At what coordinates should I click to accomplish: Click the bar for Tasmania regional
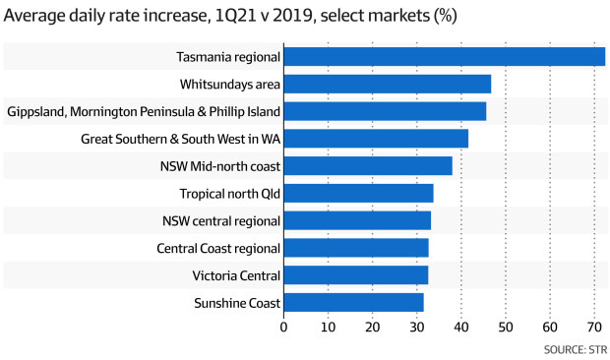[x=444, y=57]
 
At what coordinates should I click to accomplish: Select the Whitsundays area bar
[x=387, y=85]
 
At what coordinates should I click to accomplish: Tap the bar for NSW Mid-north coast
[x=368, y=165]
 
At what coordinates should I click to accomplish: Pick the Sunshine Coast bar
[x=353, y=302]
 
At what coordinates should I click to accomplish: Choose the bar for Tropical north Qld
[x=358, y=193]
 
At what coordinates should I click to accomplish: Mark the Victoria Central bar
[x=355, y=274]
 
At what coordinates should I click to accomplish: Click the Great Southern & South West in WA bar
[x=376, y=139]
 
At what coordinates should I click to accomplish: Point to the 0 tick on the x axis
[x=284, y=327]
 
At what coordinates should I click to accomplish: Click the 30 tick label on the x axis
[x=417, y=327]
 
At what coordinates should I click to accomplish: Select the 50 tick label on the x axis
[x=506, y=327]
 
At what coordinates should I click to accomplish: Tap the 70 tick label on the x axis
[x=594, y=327]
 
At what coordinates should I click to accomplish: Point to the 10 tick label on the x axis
[x=329, y=327]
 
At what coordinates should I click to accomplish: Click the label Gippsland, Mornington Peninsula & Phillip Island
[x=144, y=111]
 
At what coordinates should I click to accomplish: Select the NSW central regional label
[x=221, y=220]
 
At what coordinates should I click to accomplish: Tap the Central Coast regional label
[x=218, y=248]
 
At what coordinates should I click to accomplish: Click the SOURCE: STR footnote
[x=575, y=348]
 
